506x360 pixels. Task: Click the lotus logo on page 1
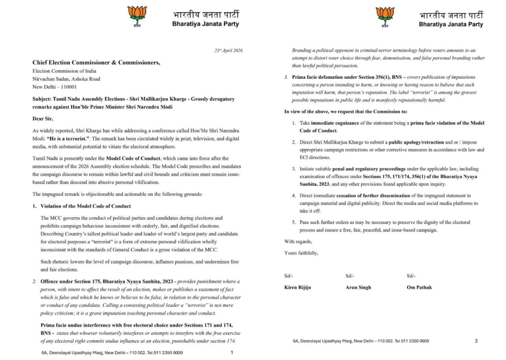[x=137, y=16]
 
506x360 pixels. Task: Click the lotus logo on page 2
[x=384, y=16]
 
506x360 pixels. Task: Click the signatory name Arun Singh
[x=358, y=287]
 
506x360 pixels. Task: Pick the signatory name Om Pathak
[x=419, y=287]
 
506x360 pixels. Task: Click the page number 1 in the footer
[x=232, y=353]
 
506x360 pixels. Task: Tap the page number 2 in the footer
[x=476, y=341]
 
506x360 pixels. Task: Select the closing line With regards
[x=298, y=241]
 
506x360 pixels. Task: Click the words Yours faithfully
[x=301, y=253]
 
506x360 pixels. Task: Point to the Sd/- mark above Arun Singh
[x=350, y=276]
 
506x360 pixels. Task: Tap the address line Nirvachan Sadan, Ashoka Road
[x=66, y=79]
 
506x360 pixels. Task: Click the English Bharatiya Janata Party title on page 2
[x=451, y=24]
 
